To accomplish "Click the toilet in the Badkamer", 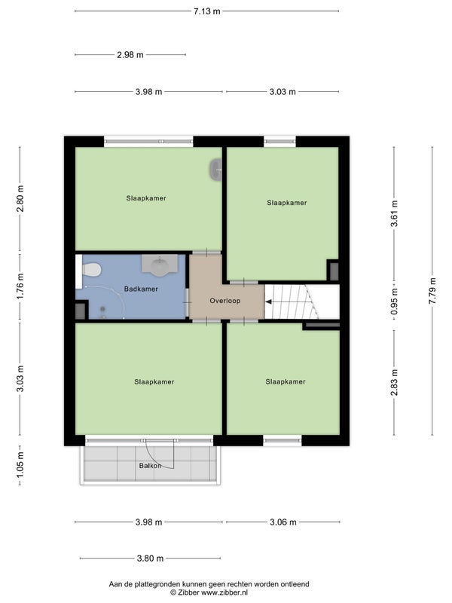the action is coord(91,270).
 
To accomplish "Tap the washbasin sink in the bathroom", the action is coord(160,265).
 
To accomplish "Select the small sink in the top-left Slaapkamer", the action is coord(216,169).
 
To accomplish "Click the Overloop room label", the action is coord(224,301).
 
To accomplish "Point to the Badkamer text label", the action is coord(141,289).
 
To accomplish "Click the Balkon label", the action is coord(150,466).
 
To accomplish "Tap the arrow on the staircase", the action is coord(269,302).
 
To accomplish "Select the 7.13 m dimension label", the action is coord(206,11).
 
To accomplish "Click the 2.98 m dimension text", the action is coord(130,55).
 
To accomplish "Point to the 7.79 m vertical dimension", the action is coord(432,291).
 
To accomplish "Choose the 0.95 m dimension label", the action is coord(394,301).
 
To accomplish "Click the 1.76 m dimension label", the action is coord(20,286).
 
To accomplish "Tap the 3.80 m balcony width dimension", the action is coord(150,558).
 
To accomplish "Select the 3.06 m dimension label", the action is coord(283,522).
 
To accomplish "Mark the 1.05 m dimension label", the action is coord(20,464).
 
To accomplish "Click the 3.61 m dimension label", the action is coord(394,214).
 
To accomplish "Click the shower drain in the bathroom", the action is coord(102,308).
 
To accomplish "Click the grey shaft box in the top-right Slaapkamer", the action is coord(334,271).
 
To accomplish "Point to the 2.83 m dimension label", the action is coord(394,382).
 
